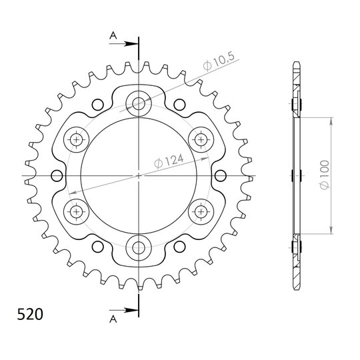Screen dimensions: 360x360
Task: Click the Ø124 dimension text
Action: point(169,161)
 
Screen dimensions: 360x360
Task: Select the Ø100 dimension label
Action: point(325,175)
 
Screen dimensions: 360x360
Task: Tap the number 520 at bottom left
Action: point(30,314)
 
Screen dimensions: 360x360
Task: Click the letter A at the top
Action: point(113,36)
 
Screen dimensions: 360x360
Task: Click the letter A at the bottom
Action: point(113,319)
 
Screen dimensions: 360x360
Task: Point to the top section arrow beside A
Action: point(124,43)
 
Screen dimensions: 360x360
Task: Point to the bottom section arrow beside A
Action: point(124,310)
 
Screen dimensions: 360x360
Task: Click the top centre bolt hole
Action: point(139,103)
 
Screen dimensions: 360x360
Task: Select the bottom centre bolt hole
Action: point(139,247)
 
